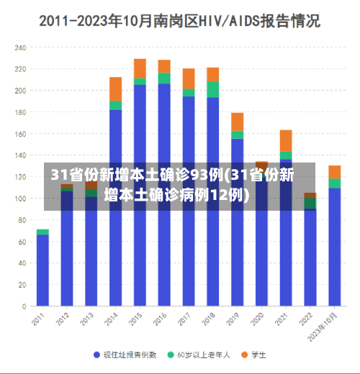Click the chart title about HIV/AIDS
tap(179, 21)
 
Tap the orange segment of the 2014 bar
tap(115, 88)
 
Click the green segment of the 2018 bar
tap(212, 89)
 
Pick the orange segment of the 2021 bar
tap(286, 140)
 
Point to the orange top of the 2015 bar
tap(140, 68)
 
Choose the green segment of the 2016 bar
tap(164, 78)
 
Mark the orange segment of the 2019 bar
tap(237, 122)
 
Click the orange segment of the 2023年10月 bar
tap(334, 171)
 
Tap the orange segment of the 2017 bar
tap(189, 78)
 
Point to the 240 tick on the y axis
tap(19, 47)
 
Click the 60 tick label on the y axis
tap(22, 242)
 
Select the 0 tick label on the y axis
tap(24, 306)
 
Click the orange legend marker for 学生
tap(244, 355)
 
